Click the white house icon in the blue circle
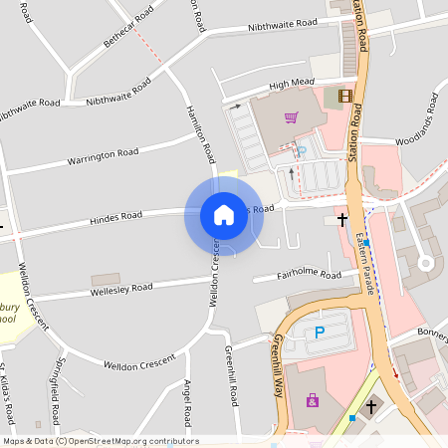coord(224,214)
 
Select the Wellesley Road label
coord(122,289)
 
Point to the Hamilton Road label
coord(200,133)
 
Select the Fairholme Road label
coord(310,275)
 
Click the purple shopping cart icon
coord(291,117)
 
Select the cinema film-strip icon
coord(345,96)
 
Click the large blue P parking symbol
coord(321,333)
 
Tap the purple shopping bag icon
coord(313,400)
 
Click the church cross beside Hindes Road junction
coord(342,217)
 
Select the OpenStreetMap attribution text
coord(100,441)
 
